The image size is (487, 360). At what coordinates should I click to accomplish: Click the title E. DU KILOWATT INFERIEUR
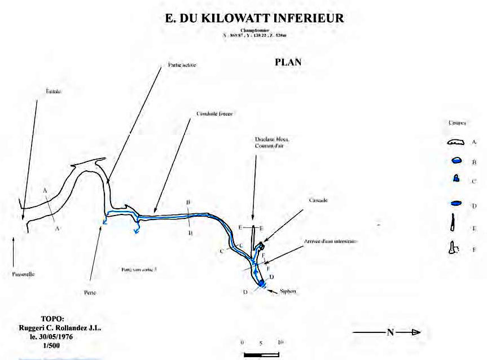pyautogui.click(x=254, y=19)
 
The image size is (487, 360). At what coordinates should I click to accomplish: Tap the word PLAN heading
pyautogui.click(x=288, y=63)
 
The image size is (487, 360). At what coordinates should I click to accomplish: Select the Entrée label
pyautogui.click(x=53, y=90)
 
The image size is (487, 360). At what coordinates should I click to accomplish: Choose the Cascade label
pyautogui.click(x=318, y=200)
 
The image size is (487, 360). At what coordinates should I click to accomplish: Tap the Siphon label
pyautogui.click(x=288, y=291)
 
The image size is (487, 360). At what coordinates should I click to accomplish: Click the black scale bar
pyautogui.click(x=261, y=355)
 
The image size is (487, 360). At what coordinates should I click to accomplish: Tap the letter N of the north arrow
pyautogui.click(x=389, y=332)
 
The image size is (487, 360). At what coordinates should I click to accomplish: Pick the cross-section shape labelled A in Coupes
pyautogui.click(x=455, y=143)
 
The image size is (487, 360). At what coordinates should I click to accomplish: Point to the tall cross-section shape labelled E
pyautogui.click(x=453, y=224)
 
